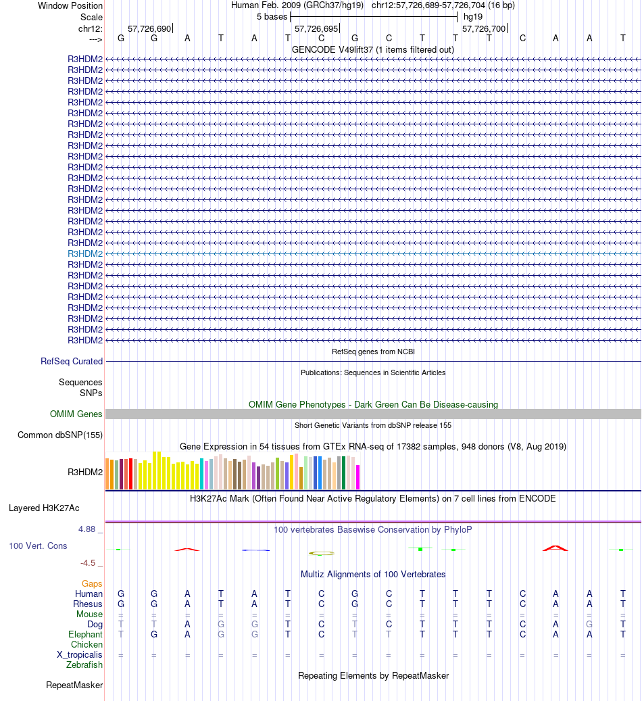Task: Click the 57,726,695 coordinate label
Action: point(316,28)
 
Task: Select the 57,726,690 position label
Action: point(149,28)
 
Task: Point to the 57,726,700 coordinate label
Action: point(483,28)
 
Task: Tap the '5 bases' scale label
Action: point(272,16)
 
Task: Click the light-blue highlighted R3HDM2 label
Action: point(85,253)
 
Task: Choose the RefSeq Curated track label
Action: point(72,362)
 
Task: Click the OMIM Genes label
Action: point(76,414)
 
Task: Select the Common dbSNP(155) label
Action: point(60,435)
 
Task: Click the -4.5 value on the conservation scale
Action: point(88,562)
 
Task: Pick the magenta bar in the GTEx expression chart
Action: point(358,477)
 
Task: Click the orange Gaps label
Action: point(92,583)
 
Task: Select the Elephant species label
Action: point(85,634)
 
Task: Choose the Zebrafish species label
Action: point(84,664)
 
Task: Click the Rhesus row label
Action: point(88,604)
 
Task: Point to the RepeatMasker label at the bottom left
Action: point(74,685)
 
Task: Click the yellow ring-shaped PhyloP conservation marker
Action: point(322,553)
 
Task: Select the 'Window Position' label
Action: point(70,5)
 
